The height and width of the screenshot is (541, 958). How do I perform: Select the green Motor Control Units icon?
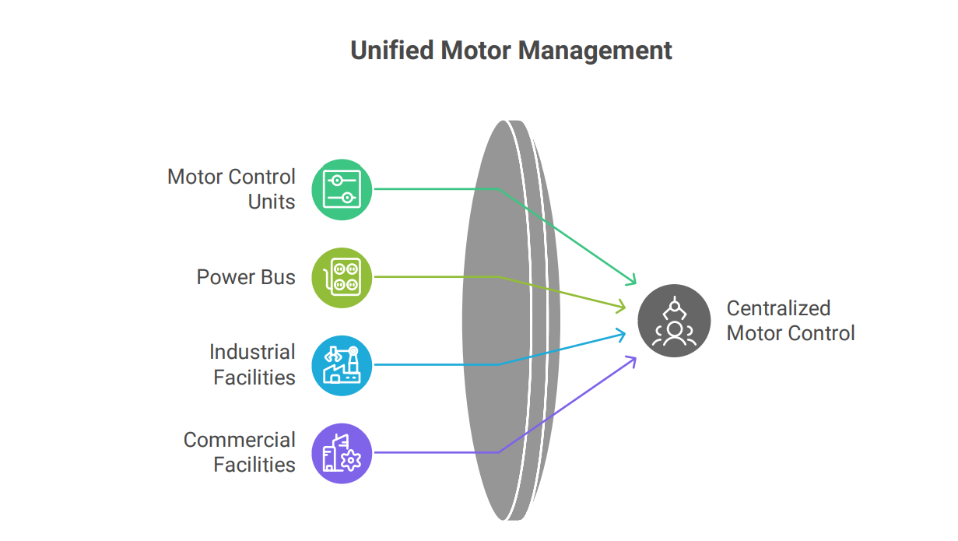click(342, 189)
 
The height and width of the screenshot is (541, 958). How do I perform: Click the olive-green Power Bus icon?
click(342, 277)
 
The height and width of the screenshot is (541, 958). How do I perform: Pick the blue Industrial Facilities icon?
click(342, 365)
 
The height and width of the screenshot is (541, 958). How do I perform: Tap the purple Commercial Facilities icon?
click(342, 453)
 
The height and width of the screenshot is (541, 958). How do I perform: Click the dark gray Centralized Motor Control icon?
click(674, 321)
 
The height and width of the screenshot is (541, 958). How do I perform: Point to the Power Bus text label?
click(246, 277)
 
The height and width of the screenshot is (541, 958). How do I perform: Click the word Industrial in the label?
click(252, 352)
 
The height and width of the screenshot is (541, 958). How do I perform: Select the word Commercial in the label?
click(240, 440)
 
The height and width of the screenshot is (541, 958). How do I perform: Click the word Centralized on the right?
click(778, 308)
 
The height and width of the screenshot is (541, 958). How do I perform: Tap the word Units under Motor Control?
click(272, 202)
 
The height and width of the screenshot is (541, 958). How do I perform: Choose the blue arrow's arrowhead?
click(623, 335)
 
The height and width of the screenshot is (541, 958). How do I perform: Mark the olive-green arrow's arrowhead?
click(623, 307)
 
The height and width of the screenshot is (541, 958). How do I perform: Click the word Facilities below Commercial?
click(254, 465)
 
